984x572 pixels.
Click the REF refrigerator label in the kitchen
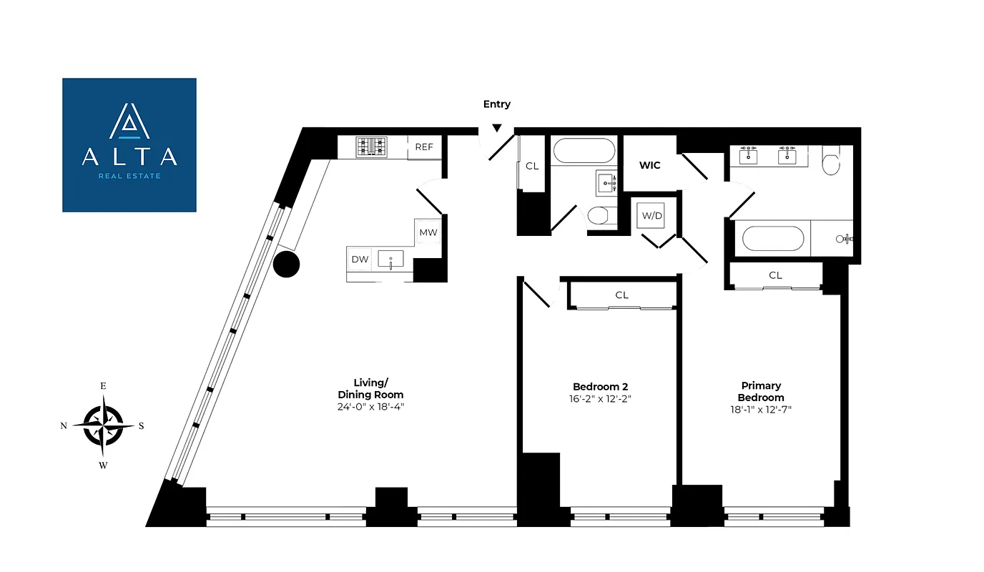(424, 147)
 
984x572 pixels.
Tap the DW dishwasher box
(360, 260)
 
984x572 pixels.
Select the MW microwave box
(428, 232)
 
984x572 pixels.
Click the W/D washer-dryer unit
(651, 216)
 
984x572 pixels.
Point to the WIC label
(649, 165)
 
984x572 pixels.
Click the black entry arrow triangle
(496, 129)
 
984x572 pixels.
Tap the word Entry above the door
(496, 104)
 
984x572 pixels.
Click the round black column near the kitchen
(286, 265)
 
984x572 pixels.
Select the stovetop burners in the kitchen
(371, 147)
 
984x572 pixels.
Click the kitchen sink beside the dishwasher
(390, 260)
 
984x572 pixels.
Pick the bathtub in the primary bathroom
(772, 238)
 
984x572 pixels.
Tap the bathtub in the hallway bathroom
(584, 152)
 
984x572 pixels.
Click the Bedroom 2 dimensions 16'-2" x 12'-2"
(601, 399)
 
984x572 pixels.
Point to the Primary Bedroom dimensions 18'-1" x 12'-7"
(760, 410)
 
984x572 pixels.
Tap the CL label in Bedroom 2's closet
(621, 295)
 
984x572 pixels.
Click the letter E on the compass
(103, 386)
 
